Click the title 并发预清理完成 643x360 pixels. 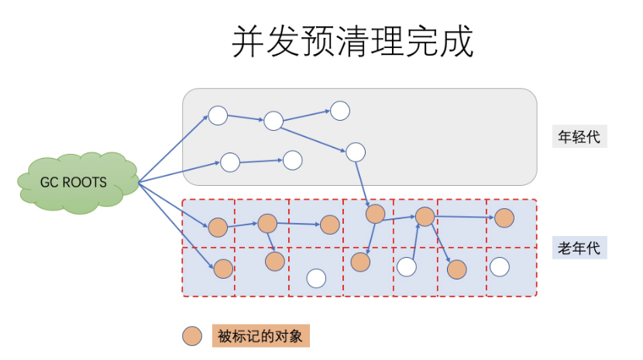pos(352,42)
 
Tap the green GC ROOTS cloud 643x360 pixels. pos(75,181)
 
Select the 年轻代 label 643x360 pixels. pos(579,137)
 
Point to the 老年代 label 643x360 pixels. pos(579,249)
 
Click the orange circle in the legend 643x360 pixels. pos(192,337)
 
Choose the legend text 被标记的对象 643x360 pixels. pos(259,337)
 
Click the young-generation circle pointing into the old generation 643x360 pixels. pos(355,152)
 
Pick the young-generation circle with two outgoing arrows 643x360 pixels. pos(273,121)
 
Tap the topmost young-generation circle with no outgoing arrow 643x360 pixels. pos(340,110)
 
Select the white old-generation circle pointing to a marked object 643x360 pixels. pos(407,267)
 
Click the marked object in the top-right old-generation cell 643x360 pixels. pos(504,218)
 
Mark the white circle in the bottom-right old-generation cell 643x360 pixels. pos(500,267)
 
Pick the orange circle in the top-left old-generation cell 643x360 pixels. pos(218,227)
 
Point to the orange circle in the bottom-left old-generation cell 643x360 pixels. pos(223,269)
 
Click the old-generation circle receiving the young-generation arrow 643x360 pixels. pos(375,214)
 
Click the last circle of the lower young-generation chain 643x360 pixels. pos(292,160)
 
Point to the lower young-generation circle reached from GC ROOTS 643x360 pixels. pos(230,163)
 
